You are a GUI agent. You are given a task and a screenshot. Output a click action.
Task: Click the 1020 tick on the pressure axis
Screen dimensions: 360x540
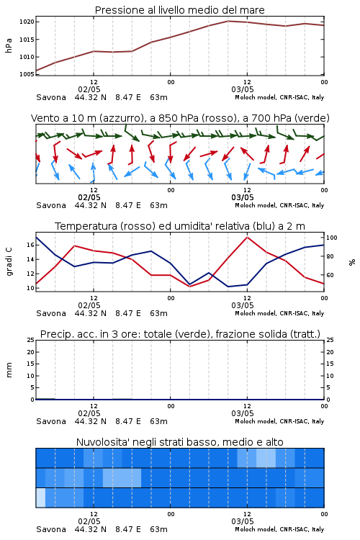(x=27, y=22)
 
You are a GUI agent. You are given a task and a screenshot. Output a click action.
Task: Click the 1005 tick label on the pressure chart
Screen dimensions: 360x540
(x=27, y=74)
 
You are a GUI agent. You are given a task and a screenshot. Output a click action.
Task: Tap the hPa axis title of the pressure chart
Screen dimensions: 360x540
(x=9, y=45)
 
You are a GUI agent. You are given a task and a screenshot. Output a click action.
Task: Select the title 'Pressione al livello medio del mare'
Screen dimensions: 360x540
(x=180, y=10)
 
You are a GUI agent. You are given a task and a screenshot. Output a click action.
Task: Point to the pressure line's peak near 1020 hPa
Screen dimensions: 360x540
(x=228, y=21)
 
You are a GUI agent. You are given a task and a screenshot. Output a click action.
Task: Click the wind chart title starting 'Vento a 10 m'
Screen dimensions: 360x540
(x=180, y=118)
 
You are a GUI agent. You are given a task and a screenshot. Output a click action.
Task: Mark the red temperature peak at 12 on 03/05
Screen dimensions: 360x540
(x=247, y=237)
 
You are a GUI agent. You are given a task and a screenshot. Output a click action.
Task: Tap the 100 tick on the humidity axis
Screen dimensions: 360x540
(x=332, y=238)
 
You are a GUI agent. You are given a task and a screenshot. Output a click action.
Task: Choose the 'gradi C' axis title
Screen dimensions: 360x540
(x=9, y=262)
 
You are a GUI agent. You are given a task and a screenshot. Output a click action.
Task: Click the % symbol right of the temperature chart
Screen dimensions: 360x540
(x=352, y=262)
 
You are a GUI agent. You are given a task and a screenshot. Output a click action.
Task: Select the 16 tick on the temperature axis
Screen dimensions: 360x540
(x=31, y=245)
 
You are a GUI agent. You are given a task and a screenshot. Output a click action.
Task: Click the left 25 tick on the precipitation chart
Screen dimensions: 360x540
(x=31, y=340)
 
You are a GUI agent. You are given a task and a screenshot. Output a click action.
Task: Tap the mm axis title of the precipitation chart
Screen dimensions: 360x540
(x=9, y=370)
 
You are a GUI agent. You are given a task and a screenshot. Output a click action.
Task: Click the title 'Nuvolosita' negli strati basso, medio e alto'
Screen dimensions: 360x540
(x=180, y=442)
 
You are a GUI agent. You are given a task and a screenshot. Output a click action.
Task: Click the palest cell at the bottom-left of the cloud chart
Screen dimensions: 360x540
(x=40, y=498)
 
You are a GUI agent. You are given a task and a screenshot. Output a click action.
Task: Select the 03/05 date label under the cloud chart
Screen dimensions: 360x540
(x=243, y=521)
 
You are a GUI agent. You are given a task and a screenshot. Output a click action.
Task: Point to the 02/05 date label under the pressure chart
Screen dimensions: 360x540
(x=89, y=89)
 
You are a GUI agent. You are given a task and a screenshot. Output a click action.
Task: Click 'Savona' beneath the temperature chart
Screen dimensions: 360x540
(x=51, y=313)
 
